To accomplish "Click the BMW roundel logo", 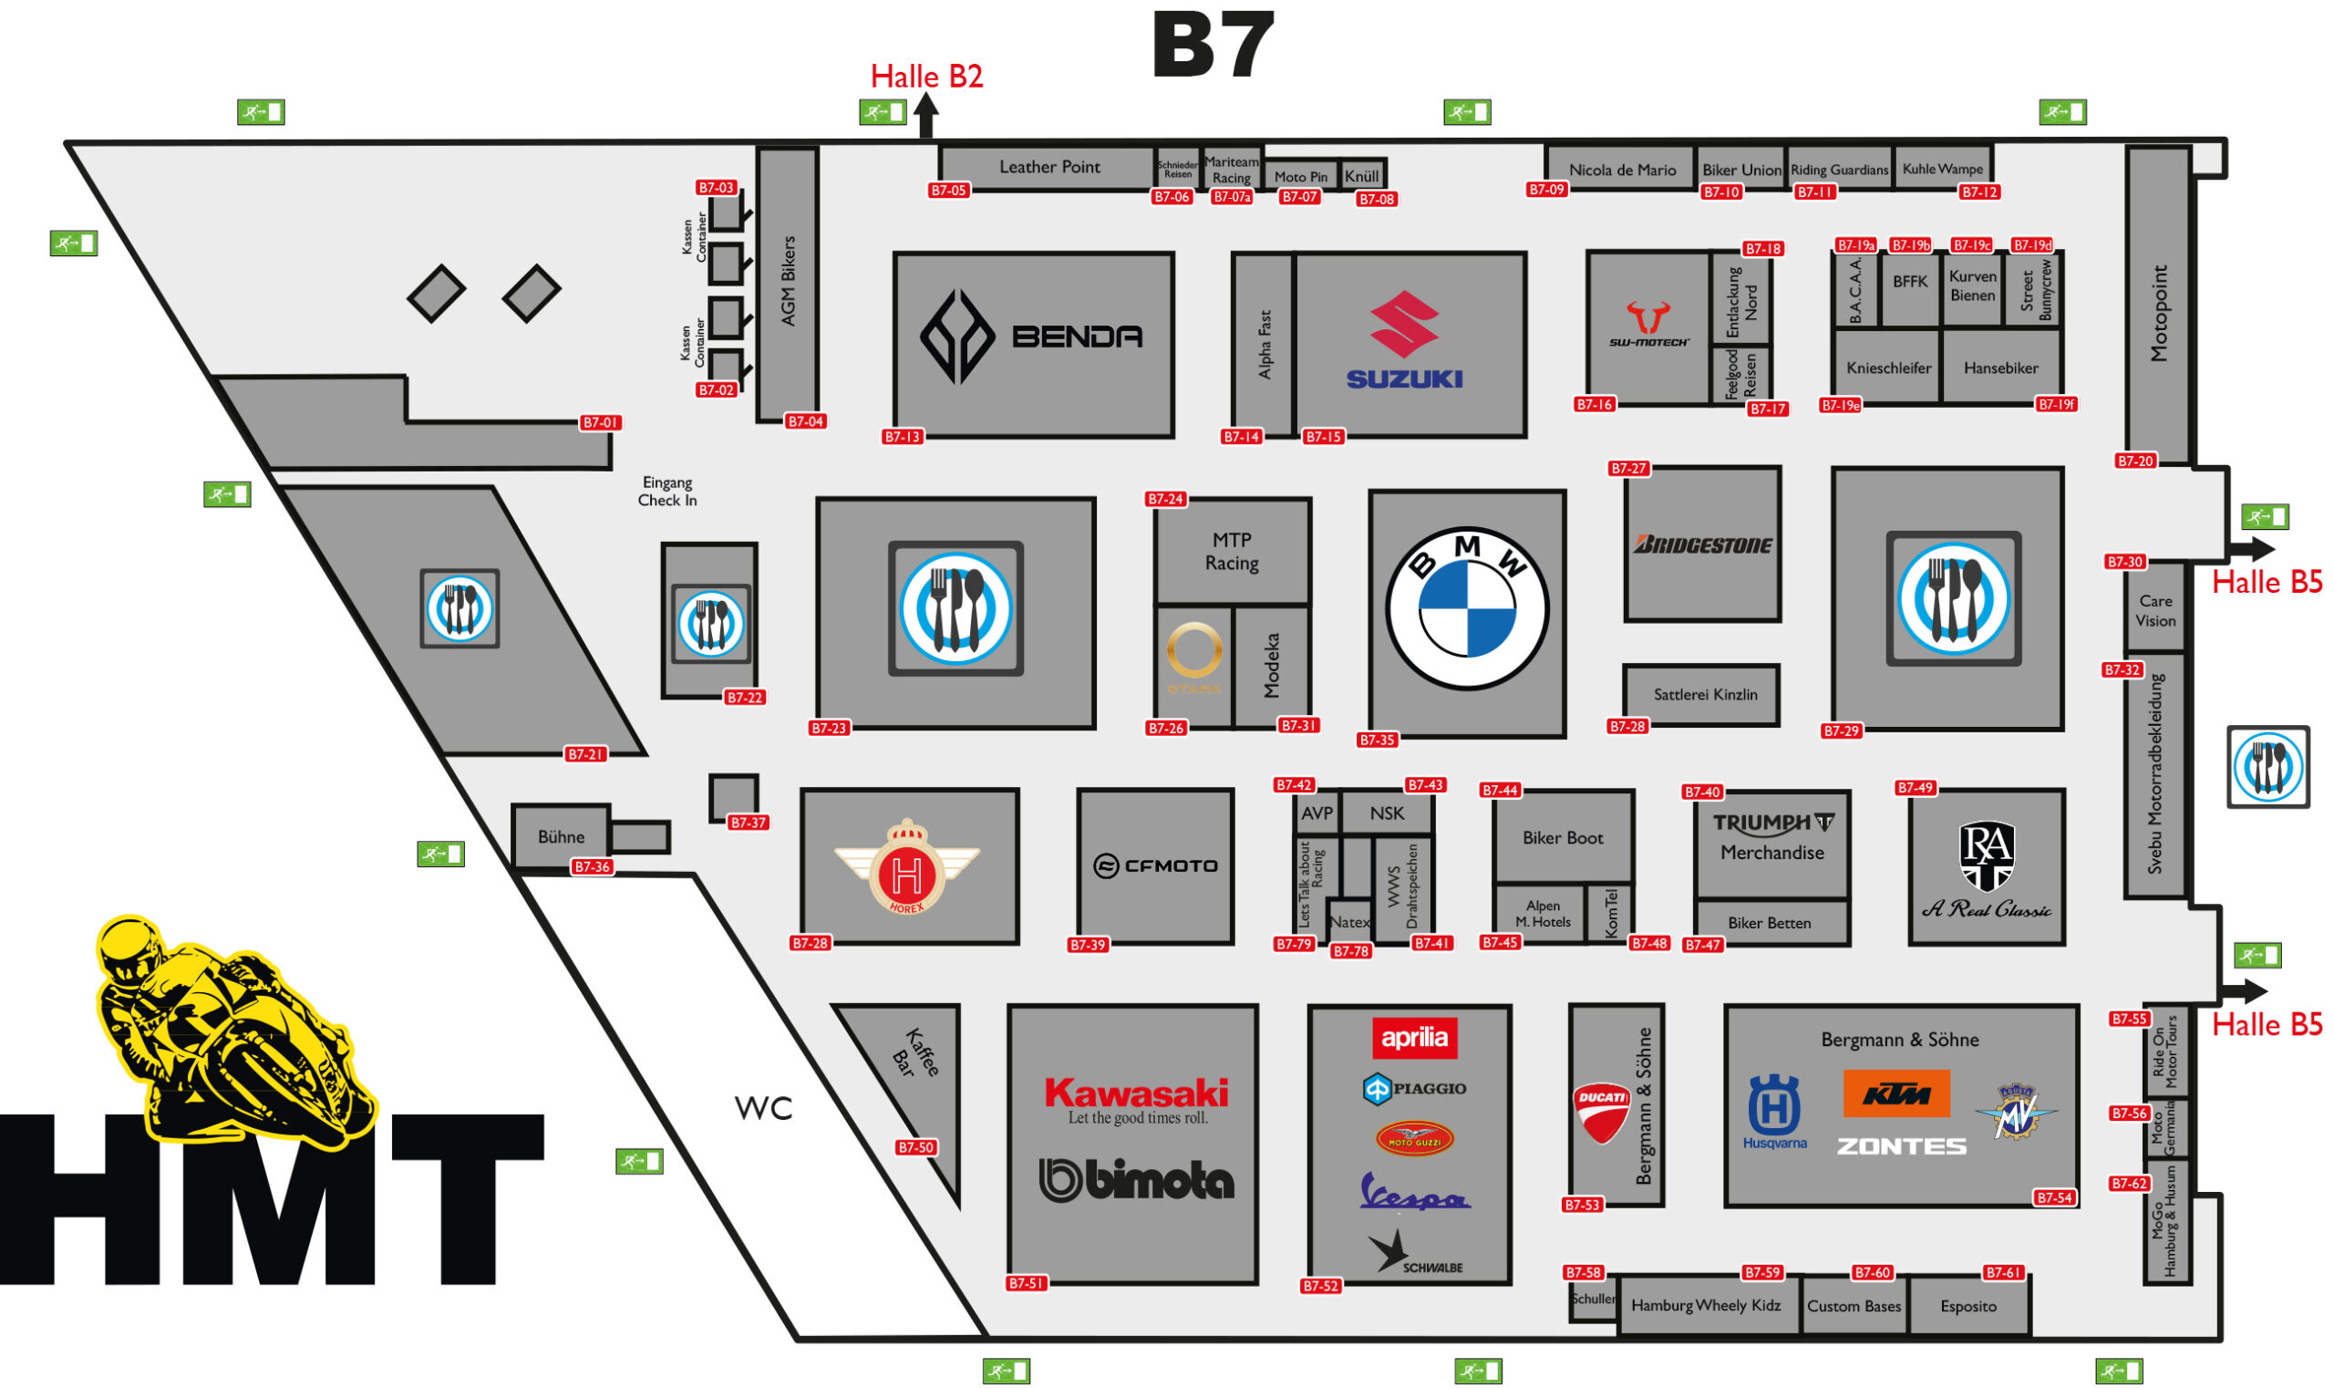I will point(1465,608).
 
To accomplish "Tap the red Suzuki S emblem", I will point(1402,324).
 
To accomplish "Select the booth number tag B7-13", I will point(903,437).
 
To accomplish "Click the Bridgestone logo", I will point(1702,545).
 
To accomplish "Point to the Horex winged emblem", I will point(906,865).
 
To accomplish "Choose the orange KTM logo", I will point(1895,1093).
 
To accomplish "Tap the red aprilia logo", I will point(1414,1037).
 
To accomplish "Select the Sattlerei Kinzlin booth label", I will point(1705,695).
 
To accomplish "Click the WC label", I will point(764,1108).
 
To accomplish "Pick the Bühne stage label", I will point(560,837).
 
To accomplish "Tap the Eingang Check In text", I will point(666,491).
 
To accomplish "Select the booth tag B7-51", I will point(1026,1283).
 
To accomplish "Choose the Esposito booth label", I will point(1967,1306).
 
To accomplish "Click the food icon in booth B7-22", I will point(710,624).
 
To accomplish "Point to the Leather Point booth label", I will point(1049,167).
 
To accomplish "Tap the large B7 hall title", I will point(1213,45).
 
